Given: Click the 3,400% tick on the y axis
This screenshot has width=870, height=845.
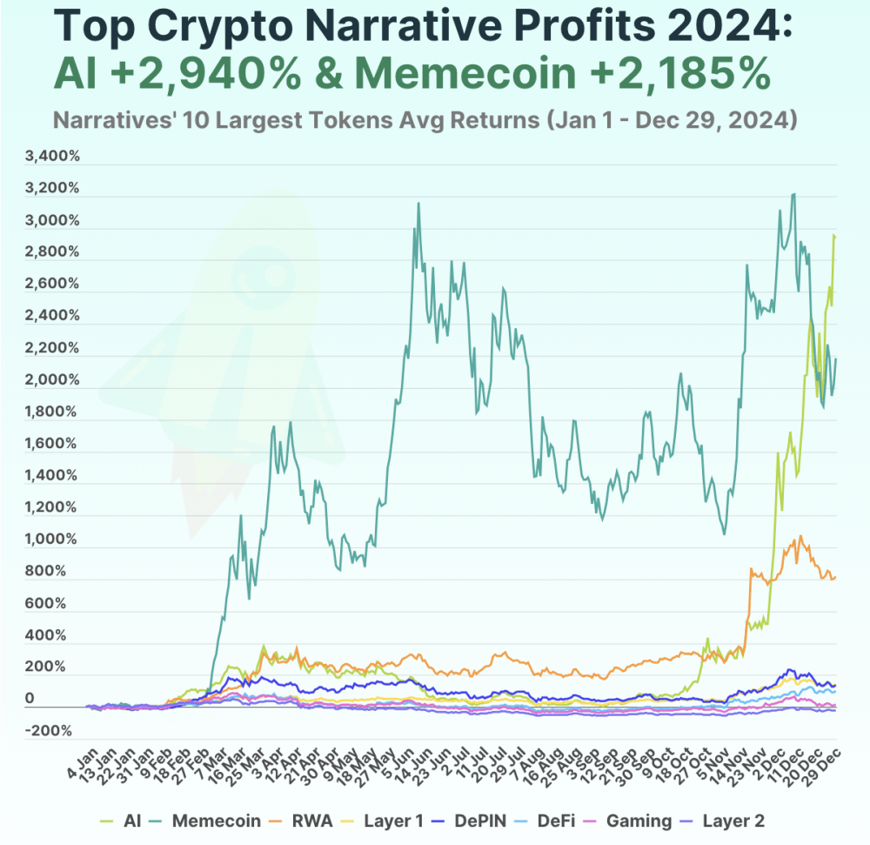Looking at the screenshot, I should pyautogui.click(x=54, y=157).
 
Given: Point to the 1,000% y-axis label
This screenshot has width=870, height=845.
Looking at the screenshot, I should pyautogui.click(x=54, y=540).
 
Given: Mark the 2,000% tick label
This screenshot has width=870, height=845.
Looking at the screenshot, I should pyautogui.click(x=54, y=380).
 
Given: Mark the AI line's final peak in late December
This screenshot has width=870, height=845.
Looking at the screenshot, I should pyautogui.click(x=834, y=236).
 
